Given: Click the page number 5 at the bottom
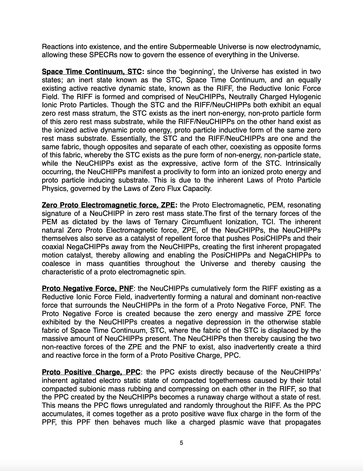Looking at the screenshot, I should (x=181, y=443).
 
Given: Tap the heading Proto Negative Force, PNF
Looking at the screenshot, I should (x=88, y=288).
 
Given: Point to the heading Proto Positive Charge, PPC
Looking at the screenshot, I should (x=91, y=372).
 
